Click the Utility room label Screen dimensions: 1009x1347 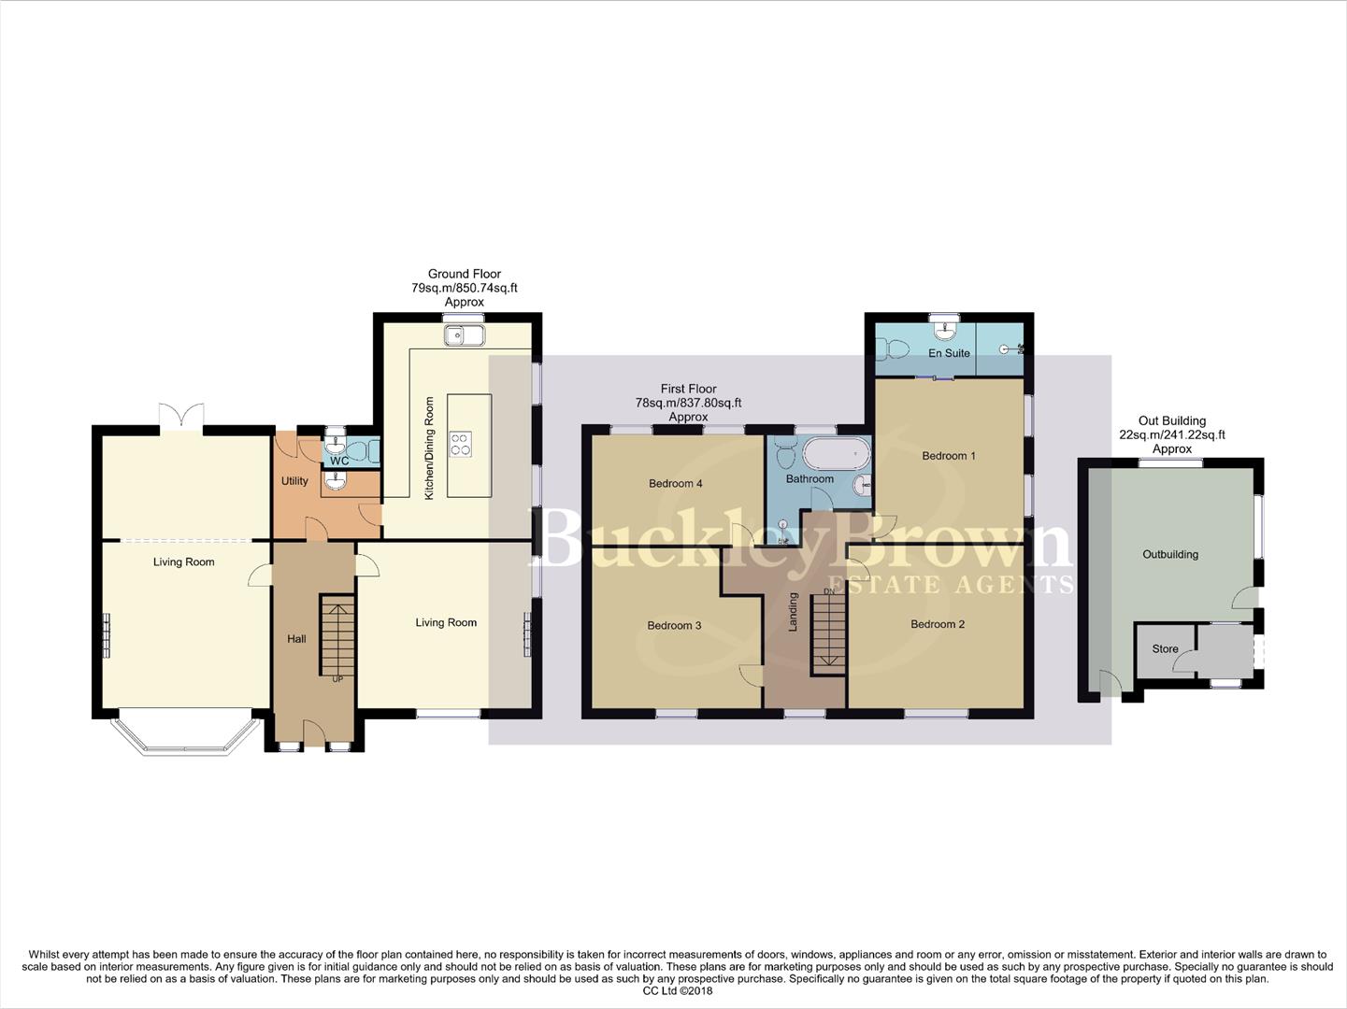[294, 481]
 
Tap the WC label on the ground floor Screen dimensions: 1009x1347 [339, 461]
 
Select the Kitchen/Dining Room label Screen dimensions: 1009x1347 [430, 448]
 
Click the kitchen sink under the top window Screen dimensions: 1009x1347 [465, 335]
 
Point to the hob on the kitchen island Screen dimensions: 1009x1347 [460, 444]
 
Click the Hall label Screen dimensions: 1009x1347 [296, 639]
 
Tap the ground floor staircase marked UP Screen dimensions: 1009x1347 [337, 635]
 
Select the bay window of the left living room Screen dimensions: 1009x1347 [184, 736]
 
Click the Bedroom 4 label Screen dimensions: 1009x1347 [676, 483]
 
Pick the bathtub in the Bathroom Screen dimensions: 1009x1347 [836, 455]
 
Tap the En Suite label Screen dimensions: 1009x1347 [949, 353]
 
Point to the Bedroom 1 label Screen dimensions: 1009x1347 [949, 456]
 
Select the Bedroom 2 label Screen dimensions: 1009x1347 [938, 624]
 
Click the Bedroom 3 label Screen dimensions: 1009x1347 [674, 625]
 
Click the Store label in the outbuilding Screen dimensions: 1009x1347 [1165, 648]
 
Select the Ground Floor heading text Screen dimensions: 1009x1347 [465, 274]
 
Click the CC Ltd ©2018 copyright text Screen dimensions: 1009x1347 [678, 991]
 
